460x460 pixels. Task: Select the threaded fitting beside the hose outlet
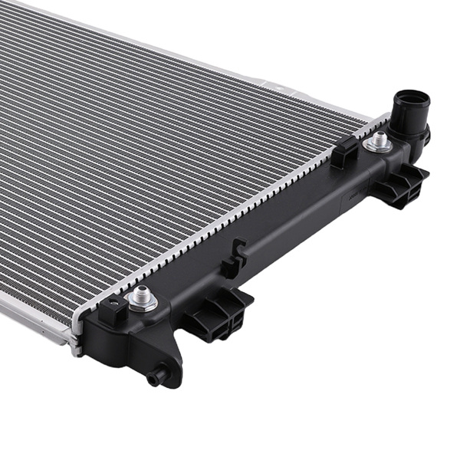378,140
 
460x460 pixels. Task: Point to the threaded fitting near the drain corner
141,297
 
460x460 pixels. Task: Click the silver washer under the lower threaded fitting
142,304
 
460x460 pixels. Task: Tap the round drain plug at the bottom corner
158,376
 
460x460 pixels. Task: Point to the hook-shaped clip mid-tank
235,258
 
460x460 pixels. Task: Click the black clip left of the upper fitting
344,153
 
